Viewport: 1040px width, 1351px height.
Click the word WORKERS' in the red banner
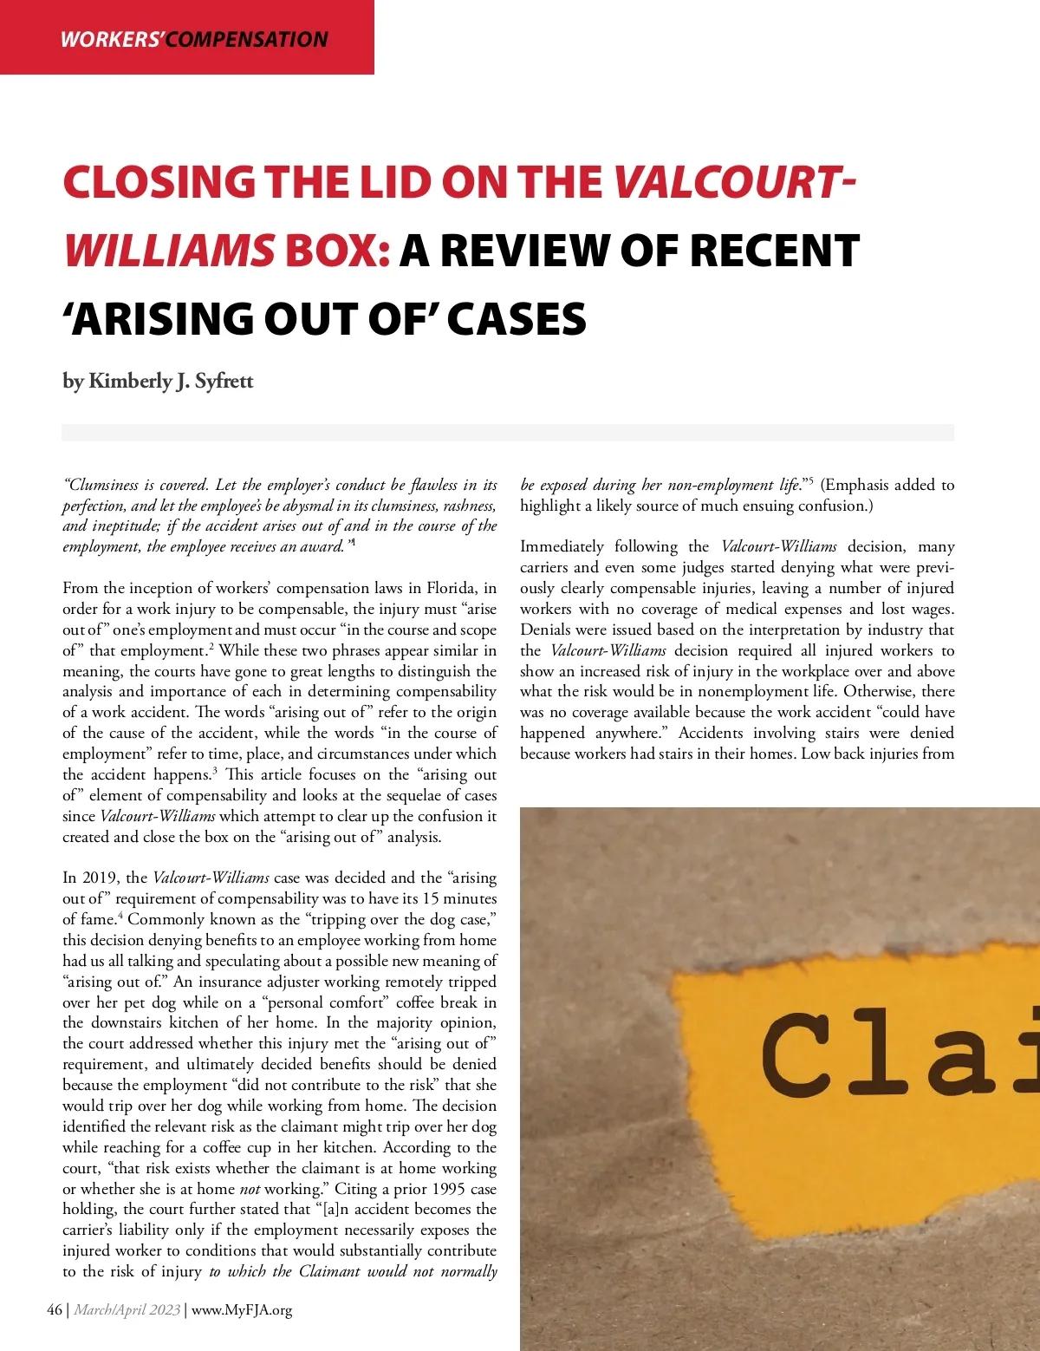[x=112, y=39]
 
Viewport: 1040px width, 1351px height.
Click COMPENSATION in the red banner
[x=247, y=39]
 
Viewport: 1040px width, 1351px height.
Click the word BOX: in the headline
[x=337, y=251]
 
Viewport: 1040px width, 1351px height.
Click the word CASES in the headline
[x=517, y=319]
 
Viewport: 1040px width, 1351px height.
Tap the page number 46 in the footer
[x=55, y=1309]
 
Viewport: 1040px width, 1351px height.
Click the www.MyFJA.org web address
[x=242, y=1309]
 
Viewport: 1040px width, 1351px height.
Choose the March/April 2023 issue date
[x=127, y=1309]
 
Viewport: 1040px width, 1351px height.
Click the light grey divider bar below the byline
[x=508, y=433]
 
